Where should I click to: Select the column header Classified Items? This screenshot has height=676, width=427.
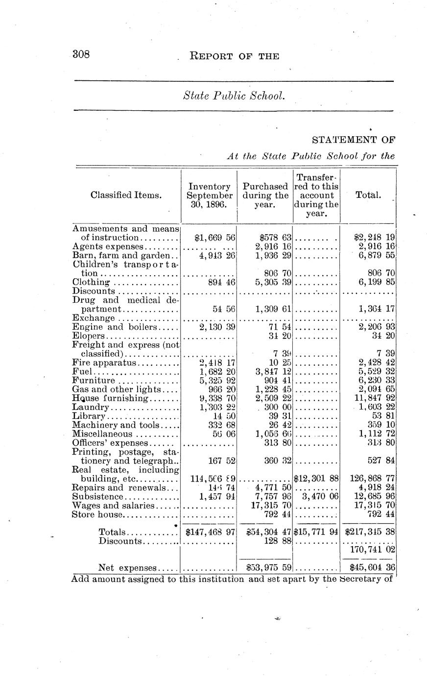tap(126, 195)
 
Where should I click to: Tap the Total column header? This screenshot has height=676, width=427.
tap(368, 195)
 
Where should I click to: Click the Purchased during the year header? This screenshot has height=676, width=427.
tap(265, 195)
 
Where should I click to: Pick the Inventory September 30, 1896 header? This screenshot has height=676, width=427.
tap(210, 195)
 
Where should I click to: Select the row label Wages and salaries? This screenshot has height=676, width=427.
tap(113, 506)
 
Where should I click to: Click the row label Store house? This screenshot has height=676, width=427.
tap(97, 514)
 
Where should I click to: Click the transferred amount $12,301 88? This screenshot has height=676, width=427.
tap(316, 479)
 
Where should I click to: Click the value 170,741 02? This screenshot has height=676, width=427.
tap(372, 550)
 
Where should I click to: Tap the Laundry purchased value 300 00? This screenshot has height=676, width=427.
tap(275, 408)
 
